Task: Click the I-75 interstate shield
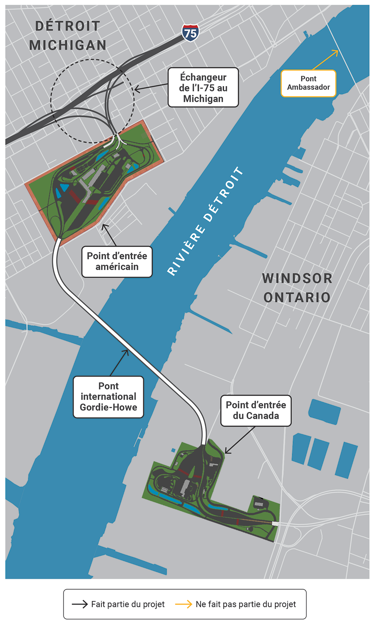[x=190, y=33]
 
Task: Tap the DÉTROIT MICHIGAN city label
[x=68, y=36]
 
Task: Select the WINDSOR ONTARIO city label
[x=297, y=288]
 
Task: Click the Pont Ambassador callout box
[x=308, y=84]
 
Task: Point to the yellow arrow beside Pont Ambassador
[x=326, y=59]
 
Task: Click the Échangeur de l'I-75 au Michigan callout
[x=203, y=88]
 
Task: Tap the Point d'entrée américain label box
[x=117, y=262]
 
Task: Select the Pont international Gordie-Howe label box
[x=108, y=397]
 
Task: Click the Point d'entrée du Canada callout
[x=256, y=410]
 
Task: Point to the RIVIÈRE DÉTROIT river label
[x=205, y=221]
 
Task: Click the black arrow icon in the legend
[x=80, y=604]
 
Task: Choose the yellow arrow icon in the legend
[x=183, y=604]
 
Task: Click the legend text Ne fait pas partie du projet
[x=246, y=604]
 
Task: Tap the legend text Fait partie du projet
[x=128, y=604]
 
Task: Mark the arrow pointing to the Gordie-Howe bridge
[x=119, y=363]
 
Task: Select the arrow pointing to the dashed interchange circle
[x=151, y=87]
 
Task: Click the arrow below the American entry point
[x=109, y=235]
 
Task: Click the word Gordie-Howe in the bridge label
[x=108, y=407]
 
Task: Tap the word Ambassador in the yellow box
[x=308, y=87]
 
